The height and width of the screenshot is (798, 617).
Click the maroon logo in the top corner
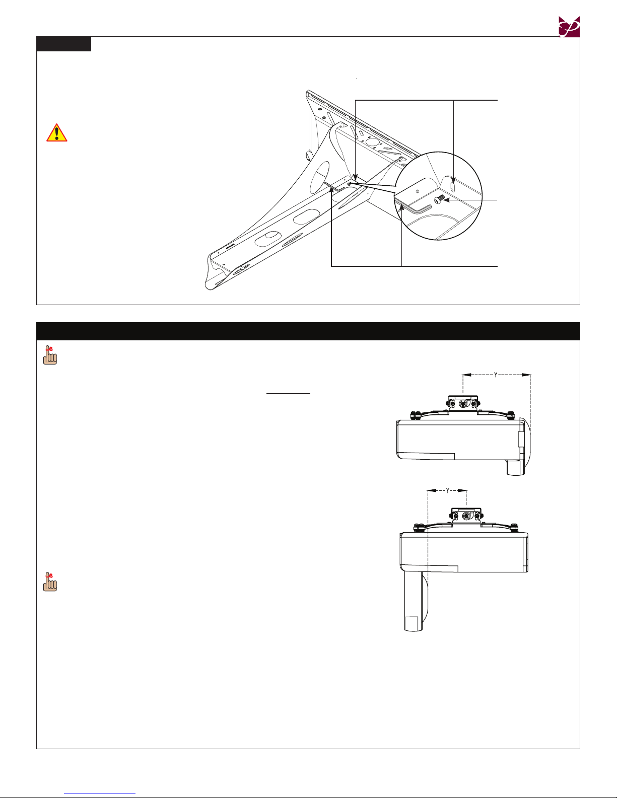point(569,27)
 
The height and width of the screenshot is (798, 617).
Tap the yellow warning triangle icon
point(56,133)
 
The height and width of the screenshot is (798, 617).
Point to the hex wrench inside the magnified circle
point(413,206)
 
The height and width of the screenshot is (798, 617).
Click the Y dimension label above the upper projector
point(496,375)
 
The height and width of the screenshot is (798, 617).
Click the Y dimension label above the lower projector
point(448,490)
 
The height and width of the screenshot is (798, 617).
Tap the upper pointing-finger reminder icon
point(50,355)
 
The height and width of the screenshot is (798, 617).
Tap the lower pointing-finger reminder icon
point(50,582)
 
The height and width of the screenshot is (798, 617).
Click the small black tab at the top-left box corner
point(64,44)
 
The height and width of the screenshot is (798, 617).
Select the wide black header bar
point(308,331)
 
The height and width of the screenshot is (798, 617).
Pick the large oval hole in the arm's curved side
point(319,178)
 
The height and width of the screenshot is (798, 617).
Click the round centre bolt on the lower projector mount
point(466,516)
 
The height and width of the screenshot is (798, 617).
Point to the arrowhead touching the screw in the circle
point(447,200)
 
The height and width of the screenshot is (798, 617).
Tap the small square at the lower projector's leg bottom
point(411,623)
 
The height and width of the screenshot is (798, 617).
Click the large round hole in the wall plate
point(372,142)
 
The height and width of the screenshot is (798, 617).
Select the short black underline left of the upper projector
point(288,394)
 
